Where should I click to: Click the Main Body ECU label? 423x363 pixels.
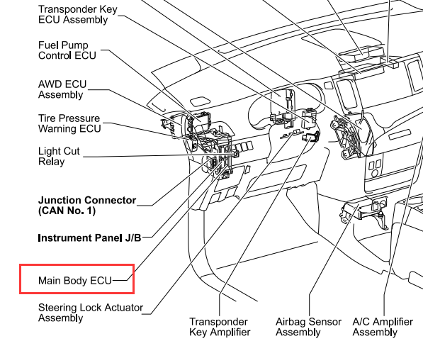[75, 281]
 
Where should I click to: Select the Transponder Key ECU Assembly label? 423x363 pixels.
[78, 14]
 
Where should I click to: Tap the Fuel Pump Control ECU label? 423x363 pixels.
[67, 50]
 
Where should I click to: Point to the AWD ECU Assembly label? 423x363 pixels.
[62, 89]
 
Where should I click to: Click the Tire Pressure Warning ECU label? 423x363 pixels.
[69, 123]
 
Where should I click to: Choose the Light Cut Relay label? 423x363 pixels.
[59, 156]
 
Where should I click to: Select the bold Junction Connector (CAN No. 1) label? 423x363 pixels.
[87, 206]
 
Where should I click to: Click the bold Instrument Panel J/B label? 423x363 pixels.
[89, 238]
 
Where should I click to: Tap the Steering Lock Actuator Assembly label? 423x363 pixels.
[91, 313]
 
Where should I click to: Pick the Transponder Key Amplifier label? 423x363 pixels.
[220, 327]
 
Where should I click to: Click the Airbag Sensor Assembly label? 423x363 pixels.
[308, 327]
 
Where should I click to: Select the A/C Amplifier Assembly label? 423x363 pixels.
[383, 327]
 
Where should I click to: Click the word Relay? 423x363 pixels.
[52, 162]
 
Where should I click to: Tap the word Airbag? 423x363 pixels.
[291, 322]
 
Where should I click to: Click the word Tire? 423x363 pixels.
[47, 118]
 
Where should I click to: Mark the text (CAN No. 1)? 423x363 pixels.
[67, 211]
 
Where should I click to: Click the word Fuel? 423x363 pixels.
[48, 45]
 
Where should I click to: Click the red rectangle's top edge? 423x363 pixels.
[77, 265]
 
